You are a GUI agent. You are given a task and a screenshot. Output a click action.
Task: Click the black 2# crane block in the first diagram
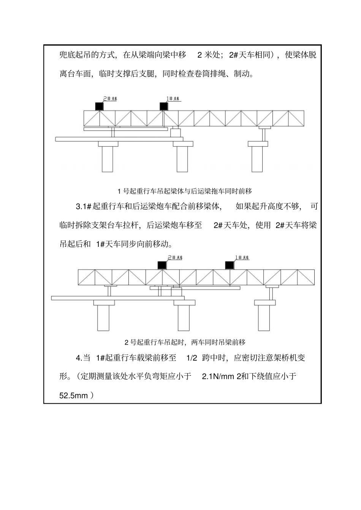(99, 106)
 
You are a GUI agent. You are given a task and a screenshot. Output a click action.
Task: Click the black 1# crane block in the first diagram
(164, 106)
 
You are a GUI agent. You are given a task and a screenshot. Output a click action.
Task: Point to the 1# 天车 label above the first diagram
(173, 99)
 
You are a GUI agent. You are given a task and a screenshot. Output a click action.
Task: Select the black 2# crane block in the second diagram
(162, 265)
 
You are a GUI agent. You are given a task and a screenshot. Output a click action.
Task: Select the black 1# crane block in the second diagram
(229, 265)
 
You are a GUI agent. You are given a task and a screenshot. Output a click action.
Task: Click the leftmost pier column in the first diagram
(108, 159)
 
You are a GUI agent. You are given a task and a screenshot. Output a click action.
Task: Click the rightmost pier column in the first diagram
(257, 159)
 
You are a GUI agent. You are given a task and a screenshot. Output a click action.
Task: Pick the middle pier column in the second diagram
(184, 317)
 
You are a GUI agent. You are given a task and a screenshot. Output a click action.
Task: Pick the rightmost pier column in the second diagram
(264, 317)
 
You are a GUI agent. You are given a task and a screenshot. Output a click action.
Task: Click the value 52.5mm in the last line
(74, 395)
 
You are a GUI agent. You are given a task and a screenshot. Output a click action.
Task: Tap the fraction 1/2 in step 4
(192, 358)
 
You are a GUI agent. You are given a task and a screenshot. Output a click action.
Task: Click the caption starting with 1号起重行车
(185, 191)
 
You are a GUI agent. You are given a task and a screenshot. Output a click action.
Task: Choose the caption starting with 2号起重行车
(185, 342)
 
